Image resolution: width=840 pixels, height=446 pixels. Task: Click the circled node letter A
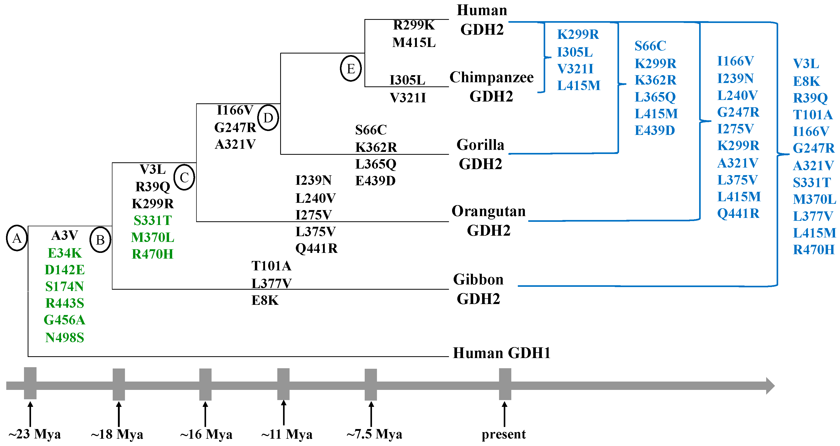(17, 238)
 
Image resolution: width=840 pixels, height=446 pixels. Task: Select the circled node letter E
(351, 69)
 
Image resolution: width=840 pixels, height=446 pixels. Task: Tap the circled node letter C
(184, 177)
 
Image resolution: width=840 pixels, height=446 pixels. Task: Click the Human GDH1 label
(501, 353)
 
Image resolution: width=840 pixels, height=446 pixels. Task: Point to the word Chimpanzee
(491, 77)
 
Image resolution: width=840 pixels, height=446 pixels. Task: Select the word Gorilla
(480, 145)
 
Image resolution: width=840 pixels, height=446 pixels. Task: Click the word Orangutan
(488, 211)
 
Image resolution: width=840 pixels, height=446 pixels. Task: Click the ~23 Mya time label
(34, 434)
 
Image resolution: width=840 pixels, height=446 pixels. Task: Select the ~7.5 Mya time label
(374, 434)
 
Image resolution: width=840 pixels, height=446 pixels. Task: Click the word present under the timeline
(503, 434)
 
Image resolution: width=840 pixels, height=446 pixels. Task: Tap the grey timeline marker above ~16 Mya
(205, 384)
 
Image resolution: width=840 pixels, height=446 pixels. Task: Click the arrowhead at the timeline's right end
(770, 386)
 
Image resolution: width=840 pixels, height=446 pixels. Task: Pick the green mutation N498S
(65, 337)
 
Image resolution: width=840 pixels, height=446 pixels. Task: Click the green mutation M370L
(152, 237)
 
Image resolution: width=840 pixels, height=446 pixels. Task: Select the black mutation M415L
(413, 43)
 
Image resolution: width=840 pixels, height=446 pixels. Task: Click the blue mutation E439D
(654, 130)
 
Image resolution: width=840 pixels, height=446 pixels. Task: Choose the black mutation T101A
(271, 266)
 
